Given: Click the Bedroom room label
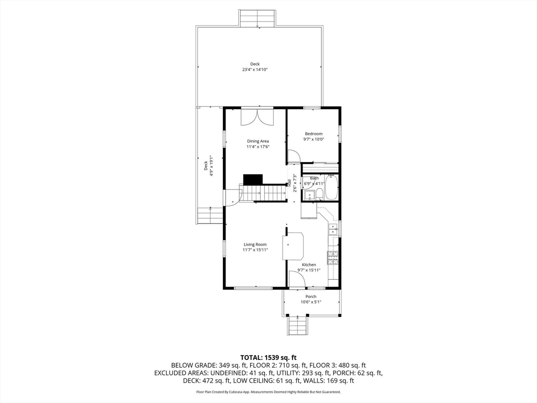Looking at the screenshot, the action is click(x=314, y=134).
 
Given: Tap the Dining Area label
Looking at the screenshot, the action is click(x=258, y=141).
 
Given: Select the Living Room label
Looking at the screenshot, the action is click(x=255, y=245).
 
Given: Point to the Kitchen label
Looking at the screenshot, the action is click(x=309, y=264).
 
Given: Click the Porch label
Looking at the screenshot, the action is click(x=311, y=296).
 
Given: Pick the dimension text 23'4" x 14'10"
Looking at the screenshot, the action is click(x=255, y=70).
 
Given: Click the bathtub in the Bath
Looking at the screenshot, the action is click(x=331, y=187).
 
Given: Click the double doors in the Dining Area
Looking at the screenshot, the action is click(x=257, y=117).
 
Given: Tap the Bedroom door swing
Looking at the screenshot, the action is click(x=294, y=156).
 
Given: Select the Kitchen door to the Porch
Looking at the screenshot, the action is click(x=297, y=279).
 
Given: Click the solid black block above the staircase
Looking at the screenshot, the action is click(x=253, y=179).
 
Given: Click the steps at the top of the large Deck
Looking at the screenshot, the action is click(x=257, y=18).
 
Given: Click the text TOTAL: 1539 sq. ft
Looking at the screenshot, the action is click(x=268, y=358).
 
